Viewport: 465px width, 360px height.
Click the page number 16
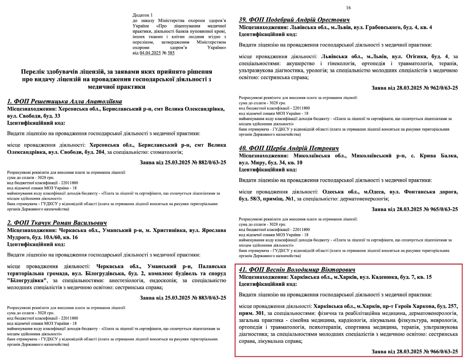(348, 8)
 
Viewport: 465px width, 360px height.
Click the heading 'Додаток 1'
(143, 15)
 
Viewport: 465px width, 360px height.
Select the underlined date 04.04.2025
(150, 53)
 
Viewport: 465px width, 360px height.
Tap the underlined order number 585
(171, 53)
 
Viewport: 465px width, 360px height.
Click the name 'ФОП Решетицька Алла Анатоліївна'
(65, 101)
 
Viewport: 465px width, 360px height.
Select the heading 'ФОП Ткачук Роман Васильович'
(57, 223)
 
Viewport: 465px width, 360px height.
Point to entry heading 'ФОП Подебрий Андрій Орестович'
(294, 20)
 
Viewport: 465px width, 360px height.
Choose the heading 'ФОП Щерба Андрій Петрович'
(289, 148)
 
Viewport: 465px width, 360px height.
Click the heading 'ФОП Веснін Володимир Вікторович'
(297, 269)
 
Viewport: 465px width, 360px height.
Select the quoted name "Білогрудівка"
(27, 280)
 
